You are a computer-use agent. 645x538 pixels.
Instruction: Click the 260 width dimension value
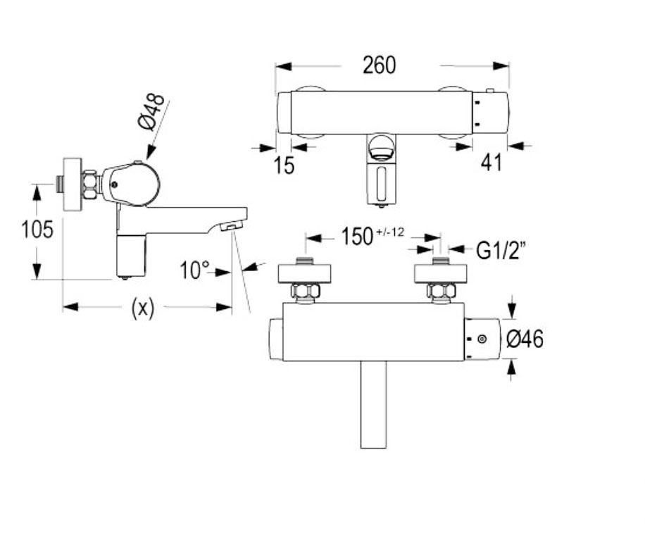tap(380, 65)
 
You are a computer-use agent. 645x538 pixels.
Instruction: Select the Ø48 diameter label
tap(152, 111)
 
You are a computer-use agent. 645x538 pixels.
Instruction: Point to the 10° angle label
tap(195, 270)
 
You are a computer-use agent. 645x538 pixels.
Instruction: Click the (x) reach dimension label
tap(143, 307)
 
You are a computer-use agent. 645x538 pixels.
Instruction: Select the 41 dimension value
tap(491, 163)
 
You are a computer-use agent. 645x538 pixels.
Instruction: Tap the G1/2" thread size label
tap(502, 251)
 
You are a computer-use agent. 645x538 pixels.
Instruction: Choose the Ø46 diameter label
tap(525, 339)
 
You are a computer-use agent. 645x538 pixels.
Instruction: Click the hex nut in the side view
tap(92, 185)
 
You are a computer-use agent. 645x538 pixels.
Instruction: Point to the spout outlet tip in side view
tap(230, 227)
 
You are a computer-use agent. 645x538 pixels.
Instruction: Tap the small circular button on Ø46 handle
tap(482, 339)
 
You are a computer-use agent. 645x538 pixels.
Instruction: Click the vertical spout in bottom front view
tap(373, 404)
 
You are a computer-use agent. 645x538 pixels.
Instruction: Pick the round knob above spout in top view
tap(381, 149)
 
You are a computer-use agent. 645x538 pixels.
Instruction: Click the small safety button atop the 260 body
tap(490, 92)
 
